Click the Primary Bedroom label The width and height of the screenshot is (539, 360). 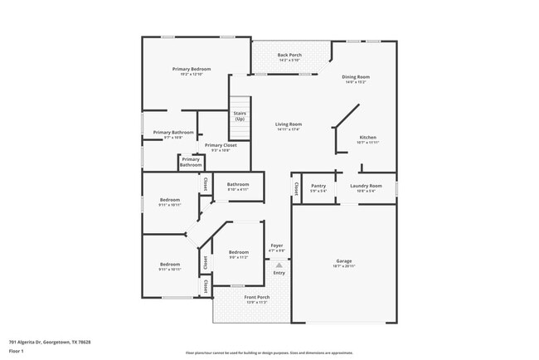(x=191, y=69)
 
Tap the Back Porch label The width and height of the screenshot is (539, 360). (x=289, y=56)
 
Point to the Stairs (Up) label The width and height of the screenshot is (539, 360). (x=239, y=116)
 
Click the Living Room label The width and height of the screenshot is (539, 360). (x=289, y=125)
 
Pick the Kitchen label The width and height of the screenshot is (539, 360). (x=367, y=138)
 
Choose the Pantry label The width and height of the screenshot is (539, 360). (x=318, y=186)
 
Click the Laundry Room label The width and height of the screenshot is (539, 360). (x=365, y=186)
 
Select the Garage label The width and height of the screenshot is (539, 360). (x=344, y=260)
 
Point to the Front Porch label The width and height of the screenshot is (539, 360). (x=256, y=297)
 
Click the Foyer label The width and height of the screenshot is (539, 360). (x=278, y=246)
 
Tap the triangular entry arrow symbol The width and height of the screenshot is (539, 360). (x=279, y=265)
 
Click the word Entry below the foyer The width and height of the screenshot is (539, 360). (x=279, y=273)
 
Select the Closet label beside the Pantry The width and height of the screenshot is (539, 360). (x=296, y=188)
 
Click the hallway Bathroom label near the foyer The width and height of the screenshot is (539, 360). (x=238, y=184)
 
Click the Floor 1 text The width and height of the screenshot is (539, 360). (x=17, y=351)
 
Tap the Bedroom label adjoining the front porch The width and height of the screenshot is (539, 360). (x=239, y=252)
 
